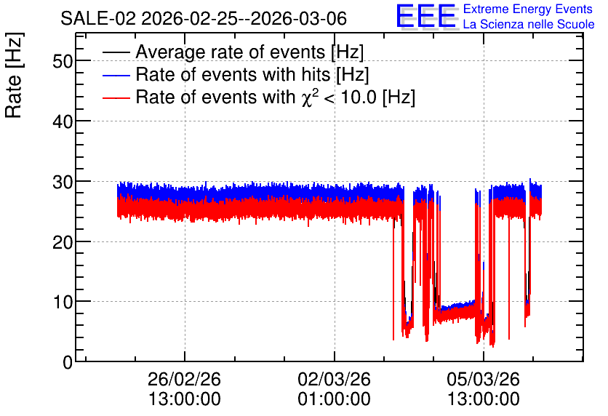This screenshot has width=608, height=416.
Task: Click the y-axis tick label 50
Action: pyautogui.click(x=63, y=61)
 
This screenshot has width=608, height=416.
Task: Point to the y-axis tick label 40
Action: pyautogui.click(x=63, y=121)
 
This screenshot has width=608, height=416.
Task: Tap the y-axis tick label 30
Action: pyautogui.click(x=63, y=181)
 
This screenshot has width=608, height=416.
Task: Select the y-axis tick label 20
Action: pyautogui.click(x=63, y=242)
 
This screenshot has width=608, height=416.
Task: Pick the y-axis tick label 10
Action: pyautogui.click(x=63, y=302)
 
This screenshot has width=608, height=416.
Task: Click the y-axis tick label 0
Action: pyautogui.click(x=68, y=362)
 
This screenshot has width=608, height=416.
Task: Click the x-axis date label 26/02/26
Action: pyautogui.click(x=184, y=379)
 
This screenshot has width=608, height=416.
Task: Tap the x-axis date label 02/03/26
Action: pyautogui.click(x=334, y=379)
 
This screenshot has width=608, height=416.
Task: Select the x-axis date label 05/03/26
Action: pyautogui.click(x=483, y=379)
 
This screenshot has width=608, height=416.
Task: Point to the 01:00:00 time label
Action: pyautogui.click(x=334, y=399)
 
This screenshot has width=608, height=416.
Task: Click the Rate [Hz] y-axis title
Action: pyautogui.click(x=14, y=75)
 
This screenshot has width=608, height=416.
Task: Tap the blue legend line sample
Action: pyautogui.click(x=116, y=75)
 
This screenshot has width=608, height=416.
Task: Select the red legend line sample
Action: pyautogui.click(x=116, y=97)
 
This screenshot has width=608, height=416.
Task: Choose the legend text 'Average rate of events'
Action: pyautogui.click(x=231, y=52)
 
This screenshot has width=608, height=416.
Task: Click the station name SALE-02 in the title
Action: pyautogui.click(x=98, y=19)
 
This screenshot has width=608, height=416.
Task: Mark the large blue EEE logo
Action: pyautogui.click(x=426, y=16)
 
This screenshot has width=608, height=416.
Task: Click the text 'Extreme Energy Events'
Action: pyautogui.click(x=528, y=9)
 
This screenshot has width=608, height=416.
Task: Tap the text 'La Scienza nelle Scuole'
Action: pyautogui.click(x=529, y=24)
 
